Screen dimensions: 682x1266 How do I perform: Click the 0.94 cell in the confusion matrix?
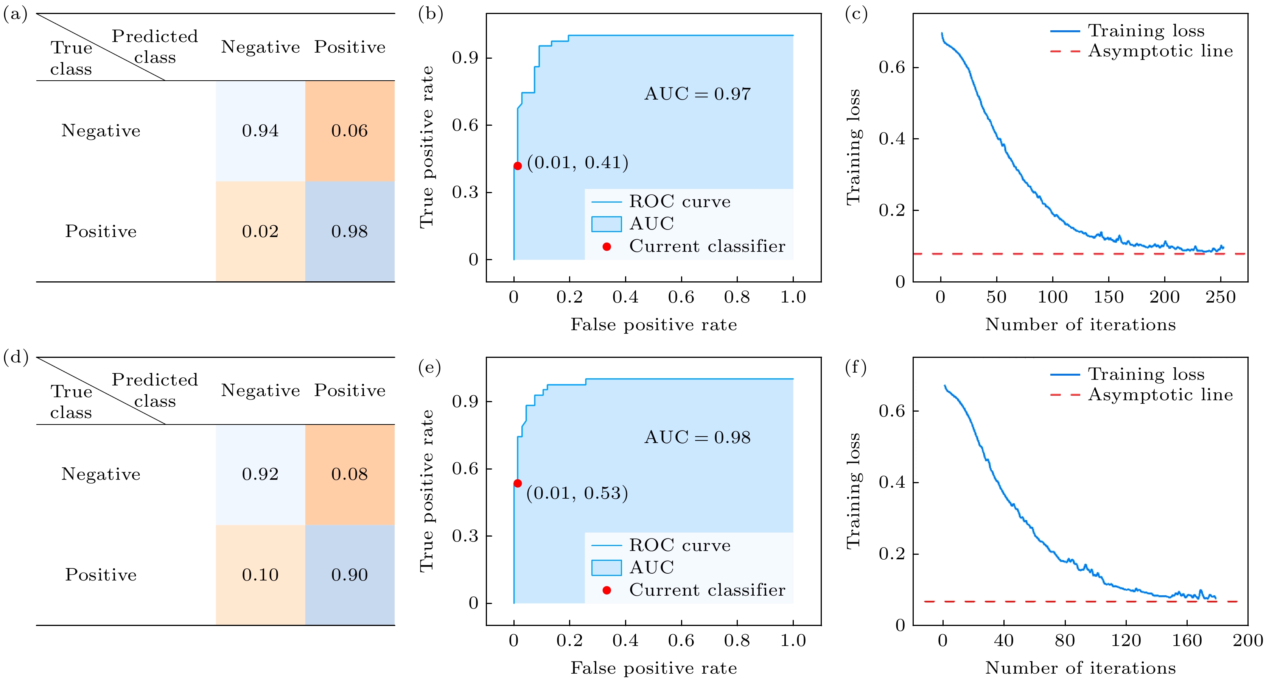point(260,131)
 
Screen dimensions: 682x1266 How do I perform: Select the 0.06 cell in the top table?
point(350,131)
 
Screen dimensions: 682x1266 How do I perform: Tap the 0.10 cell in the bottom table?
point(260,575)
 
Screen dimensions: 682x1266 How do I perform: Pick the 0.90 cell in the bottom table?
point(350,575)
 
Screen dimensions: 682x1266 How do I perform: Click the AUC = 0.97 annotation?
point(697,94)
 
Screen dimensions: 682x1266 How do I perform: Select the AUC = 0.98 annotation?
point(697,437)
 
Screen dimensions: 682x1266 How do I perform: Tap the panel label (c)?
point(855,14)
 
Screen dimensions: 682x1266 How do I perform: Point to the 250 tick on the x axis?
point(1220,297)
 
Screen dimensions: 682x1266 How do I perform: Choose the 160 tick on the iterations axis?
point(1187,640)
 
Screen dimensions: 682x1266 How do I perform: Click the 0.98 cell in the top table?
point(350,232)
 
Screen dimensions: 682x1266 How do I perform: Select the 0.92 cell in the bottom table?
point(260,474)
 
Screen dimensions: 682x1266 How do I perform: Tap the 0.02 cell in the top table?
point(260,232)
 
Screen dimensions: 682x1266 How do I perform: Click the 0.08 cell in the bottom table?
point(350,474)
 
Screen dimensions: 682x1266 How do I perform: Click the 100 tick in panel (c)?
point(1052,297)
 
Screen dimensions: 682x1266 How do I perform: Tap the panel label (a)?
point(15,14)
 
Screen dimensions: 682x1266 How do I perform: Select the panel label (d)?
point(15,357)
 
